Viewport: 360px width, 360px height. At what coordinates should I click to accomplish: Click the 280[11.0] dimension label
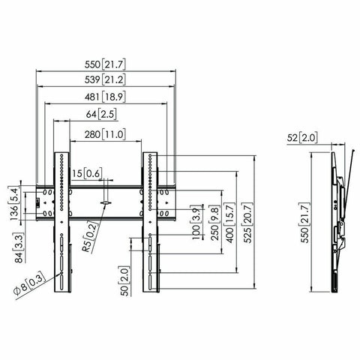(x=106, y=134)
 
